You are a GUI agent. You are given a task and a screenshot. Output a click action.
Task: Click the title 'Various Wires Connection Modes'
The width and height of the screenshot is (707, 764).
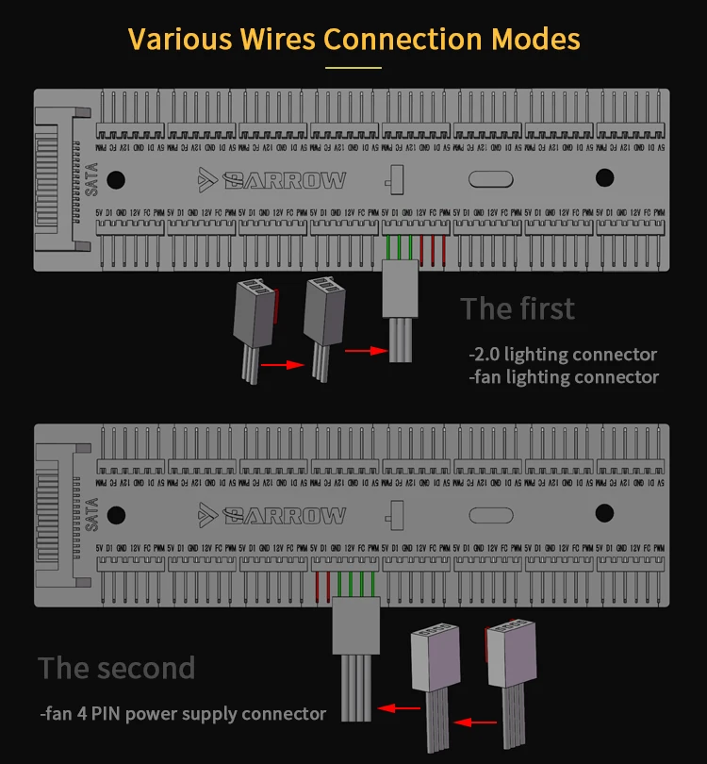pos(353,40)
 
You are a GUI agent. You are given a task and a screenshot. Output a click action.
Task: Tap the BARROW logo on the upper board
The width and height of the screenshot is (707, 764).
pos(272,180)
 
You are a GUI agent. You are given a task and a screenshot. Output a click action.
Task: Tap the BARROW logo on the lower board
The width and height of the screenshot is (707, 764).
pos(272,516)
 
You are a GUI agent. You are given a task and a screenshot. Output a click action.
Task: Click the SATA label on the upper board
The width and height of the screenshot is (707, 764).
pos(90,179)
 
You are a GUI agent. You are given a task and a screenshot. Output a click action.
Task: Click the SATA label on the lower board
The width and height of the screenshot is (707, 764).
pos(90,515)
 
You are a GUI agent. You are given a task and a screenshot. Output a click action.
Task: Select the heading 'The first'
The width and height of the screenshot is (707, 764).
pos(517,308)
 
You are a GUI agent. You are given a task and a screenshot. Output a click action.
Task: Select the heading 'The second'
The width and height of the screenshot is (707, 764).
pos(117,668)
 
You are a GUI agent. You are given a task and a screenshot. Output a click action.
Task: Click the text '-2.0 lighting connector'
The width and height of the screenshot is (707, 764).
pos(563,355)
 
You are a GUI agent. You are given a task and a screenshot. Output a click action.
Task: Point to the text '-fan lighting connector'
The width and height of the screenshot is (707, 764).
pos(564,377)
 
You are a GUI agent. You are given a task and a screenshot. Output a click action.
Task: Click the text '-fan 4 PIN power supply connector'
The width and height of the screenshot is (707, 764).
pos(183,713)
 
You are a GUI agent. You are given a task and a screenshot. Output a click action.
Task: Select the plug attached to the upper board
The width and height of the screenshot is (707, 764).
pos(399,289)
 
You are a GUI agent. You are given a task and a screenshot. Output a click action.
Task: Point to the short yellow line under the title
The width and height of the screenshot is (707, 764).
pos(353,68)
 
